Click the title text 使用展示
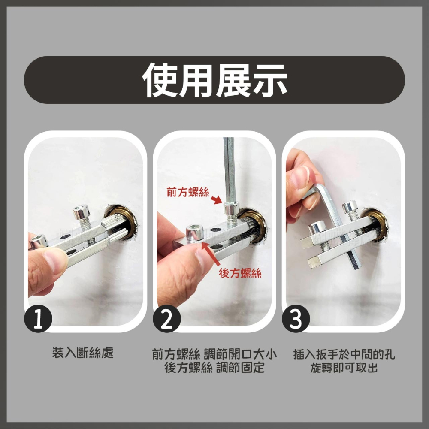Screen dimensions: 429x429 214,80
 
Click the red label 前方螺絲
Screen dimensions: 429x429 188,192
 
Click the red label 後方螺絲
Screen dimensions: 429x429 240,274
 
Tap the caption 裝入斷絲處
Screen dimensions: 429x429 82,353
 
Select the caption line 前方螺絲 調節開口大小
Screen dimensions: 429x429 214,355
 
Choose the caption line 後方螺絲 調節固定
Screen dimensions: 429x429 214,368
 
